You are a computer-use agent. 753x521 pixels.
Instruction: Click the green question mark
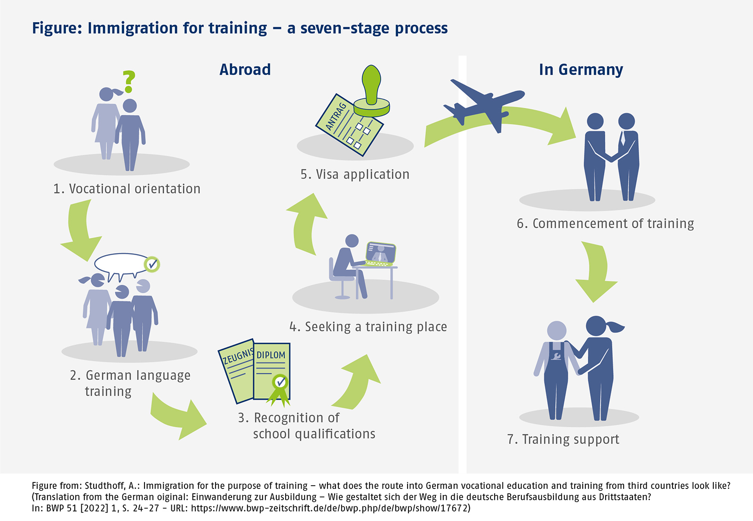(x=129, y=81)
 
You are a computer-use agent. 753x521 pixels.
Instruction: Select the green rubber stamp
(x=372, y=92)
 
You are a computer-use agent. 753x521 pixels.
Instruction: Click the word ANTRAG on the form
(x=336, y=116)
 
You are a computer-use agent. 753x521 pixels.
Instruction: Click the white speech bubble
(x=121, y=265)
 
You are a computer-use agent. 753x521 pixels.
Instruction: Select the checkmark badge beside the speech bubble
(x=152, y=265)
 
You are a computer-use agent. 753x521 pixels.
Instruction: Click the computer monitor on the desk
(x=381, y=253)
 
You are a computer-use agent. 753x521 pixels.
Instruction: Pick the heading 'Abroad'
(x=245, y=70)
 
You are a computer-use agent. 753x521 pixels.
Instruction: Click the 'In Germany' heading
(x=581, y=70)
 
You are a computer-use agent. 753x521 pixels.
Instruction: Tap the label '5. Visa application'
(x=355, y=175)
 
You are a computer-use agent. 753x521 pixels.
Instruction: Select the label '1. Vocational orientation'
(x=127, y=189)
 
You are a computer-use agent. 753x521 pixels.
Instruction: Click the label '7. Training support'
(x=563, y=439)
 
